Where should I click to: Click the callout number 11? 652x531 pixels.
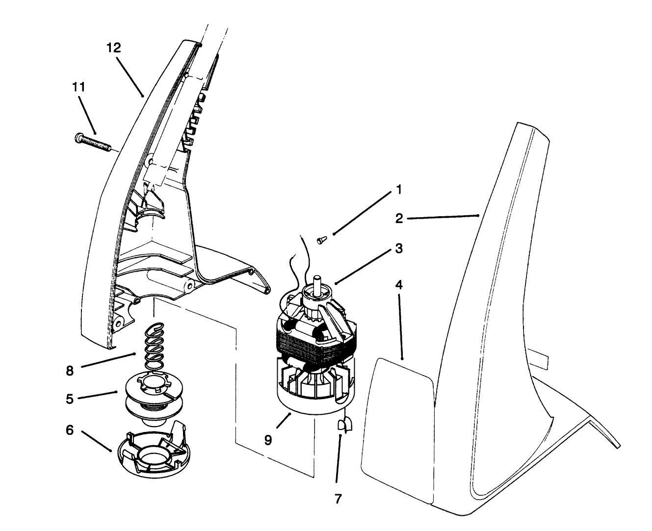click(78, 87)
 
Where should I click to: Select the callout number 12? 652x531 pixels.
click(113, 48)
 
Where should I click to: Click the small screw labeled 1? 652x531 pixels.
click(322, 239)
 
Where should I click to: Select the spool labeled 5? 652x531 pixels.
click(147, 392)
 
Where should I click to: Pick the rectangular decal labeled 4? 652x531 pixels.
click(397, 427)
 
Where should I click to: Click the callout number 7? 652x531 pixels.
click(338, 499)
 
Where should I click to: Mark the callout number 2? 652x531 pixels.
click(399, 219)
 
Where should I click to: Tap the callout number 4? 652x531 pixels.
click(399, 285)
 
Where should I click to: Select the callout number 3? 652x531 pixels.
click(399, 249)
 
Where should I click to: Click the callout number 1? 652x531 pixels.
click(399, 190)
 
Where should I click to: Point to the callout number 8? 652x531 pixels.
click(70, 371)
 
